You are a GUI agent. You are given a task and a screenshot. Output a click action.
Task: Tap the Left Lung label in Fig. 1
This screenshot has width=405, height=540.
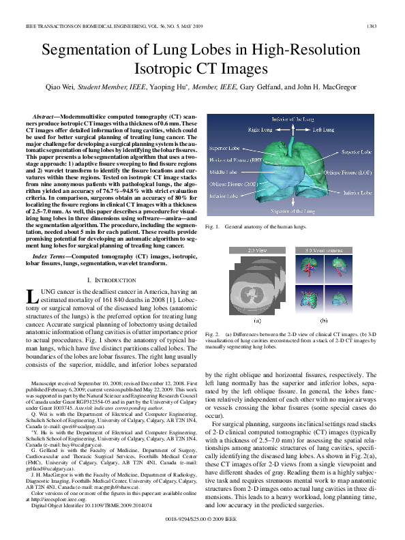pos(324,130)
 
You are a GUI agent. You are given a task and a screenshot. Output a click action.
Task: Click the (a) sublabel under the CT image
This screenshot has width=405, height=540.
pos(257,318)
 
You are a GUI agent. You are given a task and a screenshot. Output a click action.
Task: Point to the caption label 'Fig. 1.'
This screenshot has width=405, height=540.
pos(211,226)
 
